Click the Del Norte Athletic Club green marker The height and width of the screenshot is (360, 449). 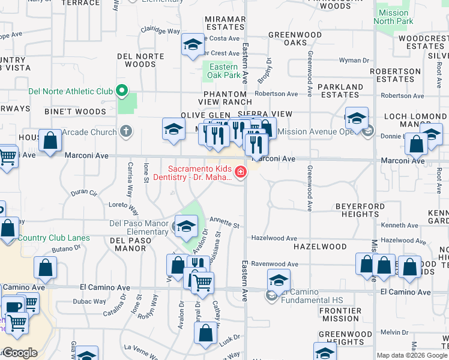pyautogui.click(x=122, y=91)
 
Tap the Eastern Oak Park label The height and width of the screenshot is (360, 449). pyautogui.click(x=224, y=71)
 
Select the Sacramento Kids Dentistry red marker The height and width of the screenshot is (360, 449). pyautogui.click(x=241, y=173)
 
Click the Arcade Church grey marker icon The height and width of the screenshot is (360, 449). pyautogui.click(x=125, y=131)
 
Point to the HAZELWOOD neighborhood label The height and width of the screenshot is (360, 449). pyautogui.click(x=320, y=247)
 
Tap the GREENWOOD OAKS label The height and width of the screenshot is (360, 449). pyautogui.click(x=295, y=39)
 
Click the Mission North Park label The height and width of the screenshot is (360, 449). pyautogui.click(x=393, y=17)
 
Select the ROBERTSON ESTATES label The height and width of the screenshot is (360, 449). pyautogui.click(x=395, y=75)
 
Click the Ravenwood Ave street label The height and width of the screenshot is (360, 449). pyautogui.click(x=274, y=264)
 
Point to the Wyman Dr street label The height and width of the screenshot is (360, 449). pyautogui.click(x=354, y=61)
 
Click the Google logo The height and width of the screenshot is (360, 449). pyautogui.click(x=19, y=353)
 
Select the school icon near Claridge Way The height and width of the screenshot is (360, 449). pyautogui.click(x=193, y=45)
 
